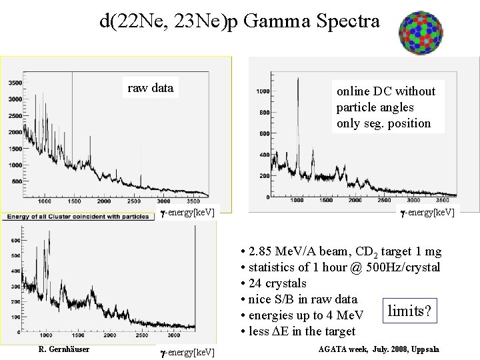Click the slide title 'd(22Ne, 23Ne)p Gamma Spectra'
pos(239,21)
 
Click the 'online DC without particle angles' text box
pos(386,107)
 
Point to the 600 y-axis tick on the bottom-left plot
pos(15,239)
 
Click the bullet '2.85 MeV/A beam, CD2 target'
pos(340,252)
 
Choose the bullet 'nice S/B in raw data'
pos(303,299)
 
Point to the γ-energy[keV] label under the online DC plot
pos(427,212)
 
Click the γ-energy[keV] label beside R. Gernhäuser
pos(187,351)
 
